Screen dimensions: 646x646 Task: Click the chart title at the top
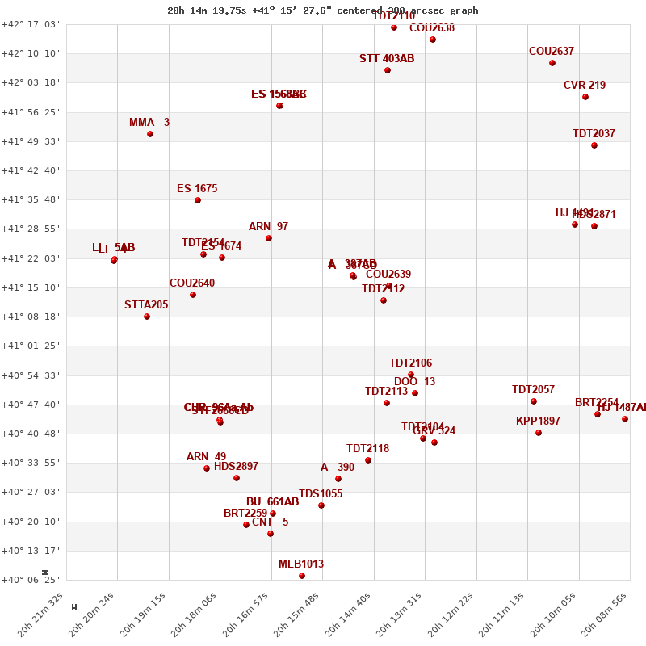pos(322,10)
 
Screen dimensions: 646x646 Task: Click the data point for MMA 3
pos(150,134)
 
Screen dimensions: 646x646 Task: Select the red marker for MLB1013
pos(302,576)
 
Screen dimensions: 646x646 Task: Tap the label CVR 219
pos(585,86)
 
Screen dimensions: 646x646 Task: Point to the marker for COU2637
pos(552,63)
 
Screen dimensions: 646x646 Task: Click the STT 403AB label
pos(387,59)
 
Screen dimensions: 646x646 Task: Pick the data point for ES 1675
pos(198,200)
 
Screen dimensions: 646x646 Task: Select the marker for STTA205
pos(147,317)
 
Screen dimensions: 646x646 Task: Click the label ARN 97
pos(268,227)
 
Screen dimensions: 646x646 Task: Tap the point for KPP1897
pos(539,433)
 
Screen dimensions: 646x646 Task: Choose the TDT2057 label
pos(533,390)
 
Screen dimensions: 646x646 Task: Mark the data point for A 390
pos(338,479)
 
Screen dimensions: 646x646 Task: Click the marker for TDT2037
pos(594,145)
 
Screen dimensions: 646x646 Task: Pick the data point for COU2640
pos(193,295)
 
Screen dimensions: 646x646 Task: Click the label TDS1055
pos(321,494)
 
